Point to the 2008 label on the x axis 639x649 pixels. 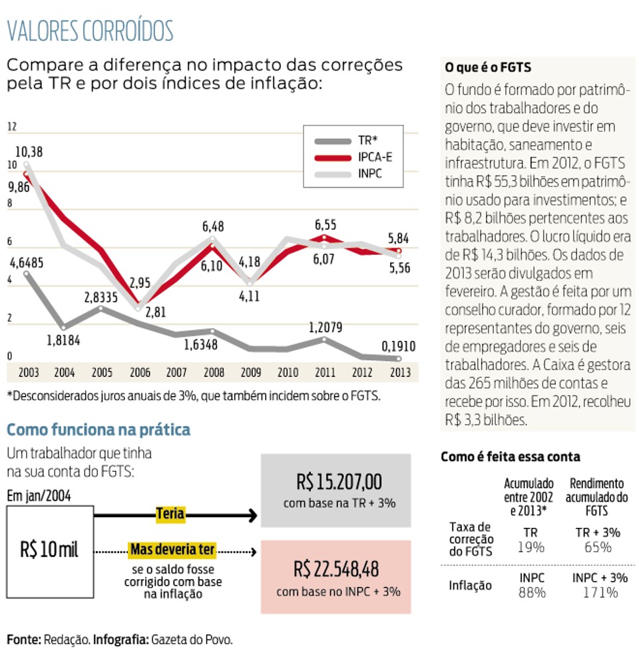coord(214,373)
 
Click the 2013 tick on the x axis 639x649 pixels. coord(400,373)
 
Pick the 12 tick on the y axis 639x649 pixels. coord(11,126)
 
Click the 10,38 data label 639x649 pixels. coord(29,152)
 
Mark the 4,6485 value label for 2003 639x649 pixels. coord(26,263)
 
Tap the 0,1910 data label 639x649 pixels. coord(399,346)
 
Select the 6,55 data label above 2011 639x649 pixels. coord(325,225)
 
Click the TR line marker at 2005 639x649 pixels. coord(101,308)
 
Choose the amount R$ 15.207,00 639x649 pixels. coord(339,482)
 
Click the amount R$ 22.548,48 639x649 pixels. coord(336,569)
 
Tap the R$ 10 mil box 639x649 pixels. coord(50,552)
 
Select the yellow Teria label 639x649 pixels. coord(170,514)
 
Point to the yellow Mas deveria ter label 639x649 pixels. coord(172,550)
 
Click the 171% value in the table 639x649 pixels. coord(600,592)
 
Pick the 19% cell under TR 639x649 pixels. coord(531,548)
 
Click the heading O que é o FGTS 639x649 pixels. coord(488,67)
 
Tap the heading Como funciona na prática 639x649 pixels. coord(99,429)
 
